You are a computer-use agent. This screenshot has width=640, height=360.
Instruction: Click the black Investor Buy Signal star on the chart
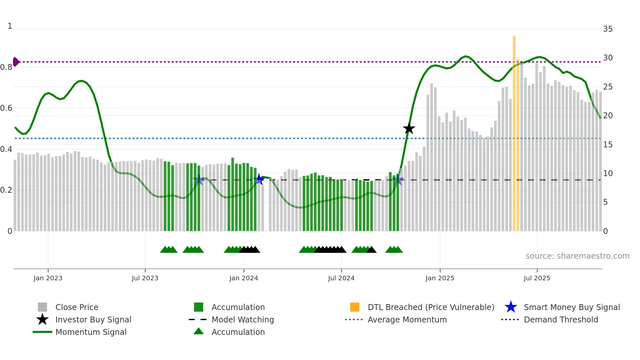tap(409, 128)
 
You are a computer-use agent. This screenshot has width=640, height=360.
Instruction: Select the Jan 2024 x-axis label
tap(244, 278)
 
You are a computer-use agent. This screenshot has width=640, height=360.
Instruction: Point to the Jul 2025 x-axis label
tap(537, 278)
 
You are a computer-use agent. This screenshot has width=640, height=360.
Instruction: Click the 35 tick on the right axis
tap(608, 29)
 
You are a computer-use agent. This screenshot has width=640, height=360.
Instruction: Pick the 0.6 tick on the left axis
tap(7, 108)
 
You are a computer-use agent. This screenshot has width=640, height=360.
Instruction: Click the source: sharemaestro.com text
tap(577, 256)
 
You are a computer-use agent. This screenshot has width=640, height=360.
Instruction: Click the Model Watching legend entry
tap(242, 319)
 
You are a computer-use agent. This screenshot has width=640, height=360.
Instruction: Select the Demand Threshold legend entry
tap(561, 319)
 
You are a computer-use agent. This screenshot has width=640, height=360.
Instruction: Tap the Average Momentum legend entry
tap(407, 319)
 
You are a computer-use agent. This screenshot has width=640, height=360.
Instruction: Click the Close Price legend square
tap(42, 307)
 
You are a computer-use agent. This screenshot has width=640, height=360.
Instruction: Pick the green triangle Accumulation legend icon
tap(199, 332)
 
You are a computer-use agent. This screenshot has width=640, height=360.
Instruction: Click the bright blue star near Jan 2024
tap(259, 179)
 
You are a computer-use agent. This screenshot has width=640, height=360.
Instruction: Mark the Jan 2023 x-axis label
tap(48, 278)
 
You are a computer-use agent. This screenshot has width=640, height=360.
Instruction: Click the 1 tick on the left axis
tap(10, 26)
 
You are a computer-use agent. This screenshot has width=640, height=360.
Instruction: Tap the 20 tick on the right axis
tap(608, 116)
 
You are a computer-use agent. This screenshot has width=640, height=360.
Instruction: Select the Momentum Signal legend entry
tap(90, 332)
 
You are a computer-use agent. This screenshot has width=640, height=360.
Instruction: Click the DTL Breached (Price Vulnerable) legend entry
tap(431, 307)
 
